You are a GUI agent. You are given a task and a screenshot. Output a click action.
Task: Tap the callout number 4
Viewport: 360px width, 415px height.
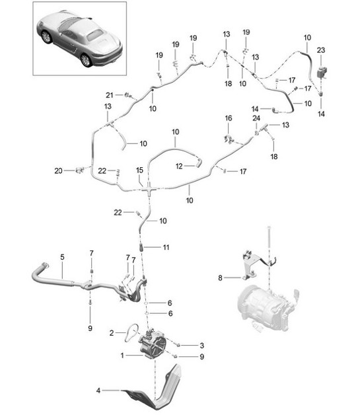coord(98,391)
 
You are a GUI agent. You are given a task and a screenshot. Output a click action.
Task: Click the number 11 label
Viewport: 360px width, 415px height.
coord(166,246)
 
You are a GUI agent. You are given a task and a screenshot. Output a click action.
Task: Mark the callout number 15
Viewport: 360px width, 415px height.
coord(139,170)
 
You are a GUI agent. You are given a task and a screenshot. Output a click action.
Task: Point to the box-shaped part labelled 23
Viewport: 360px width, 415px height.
coord(321,71)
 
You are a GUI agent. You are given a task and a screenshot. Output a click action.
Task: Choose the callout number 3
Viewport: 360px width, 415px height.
coord(193,345)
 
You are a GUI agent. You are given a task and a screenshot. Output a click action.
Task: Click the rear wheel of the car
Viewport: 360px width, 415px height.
coord(85,60)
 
